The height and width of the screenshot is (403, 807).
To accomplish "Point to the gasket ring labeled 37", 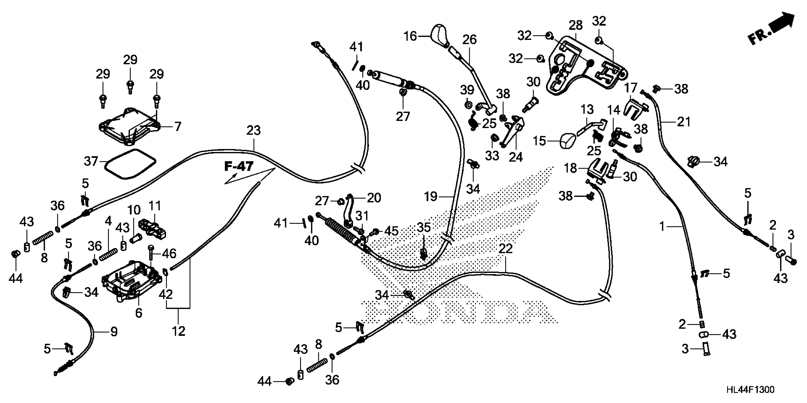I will coord(130,164).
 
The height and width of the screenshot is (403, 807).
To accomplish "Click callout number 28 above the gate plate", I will coord(576,25).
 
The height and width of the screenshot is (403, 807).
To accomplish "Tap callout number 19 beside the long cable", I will coord(431,197).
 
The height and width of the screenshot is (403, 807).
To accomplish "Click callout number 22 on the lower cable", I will coord(505,249).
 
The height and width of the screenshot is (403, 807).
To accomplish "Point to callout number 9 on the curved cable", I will coord(114,332).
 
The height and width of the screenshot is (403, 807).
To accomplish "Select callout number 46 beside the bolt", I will coord(169,253).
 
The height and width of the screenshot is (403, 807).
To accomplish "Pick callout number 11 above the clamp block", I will coord(155,206).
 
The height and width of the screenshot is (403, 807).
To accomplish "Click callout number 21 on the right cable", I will coord(684,122).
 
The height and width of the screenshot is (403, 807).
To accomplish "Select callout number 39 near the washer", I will coord(467,90).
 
